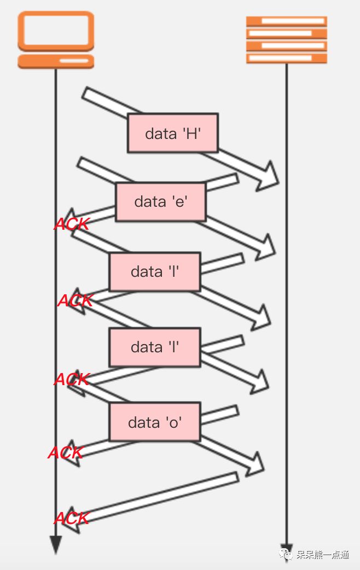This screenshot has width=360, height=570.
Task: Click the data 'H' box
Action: coord(172,133)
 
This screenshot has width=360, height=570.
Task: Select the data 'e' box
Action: coord(160,202)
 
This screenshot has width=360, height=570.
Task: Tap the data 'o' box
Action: coord(155,422)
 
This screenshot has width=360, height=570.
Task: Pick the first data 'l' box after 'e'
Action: coord(155,271)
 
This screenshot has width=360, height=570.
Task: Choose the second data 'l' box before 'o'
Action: coord(155,347)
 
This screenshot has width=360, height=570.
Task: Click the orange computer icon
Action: coord(56,40)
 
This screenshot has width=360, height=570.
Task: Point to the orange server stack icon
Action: coord(286,40)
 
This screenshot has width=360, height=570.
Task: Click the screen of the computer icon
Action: coord(56,30)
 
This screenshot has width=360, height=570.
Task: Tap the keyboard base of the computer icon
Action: coord(56,60)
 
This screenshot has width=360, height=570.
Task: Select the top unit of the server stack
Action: coord(286,21)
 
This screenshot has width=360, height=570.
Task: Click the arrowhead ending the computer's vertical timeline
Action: coord(55,545)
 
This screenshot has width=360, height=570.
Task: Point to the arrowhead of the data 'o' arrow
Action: coord(255,464)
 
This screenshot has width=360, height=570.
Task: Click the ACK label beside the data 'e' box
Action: coord(72,224)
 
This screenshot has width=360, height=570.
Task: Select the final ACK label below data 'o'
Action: coord(72,517)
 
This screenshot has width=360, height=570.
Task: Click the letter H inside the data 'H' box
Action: coord(191,133)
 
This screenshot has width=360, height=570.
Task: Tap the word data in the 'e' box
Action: coord(150,202)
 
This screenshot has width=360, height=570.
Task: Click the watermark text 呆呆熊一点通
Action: coord(323,555)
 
